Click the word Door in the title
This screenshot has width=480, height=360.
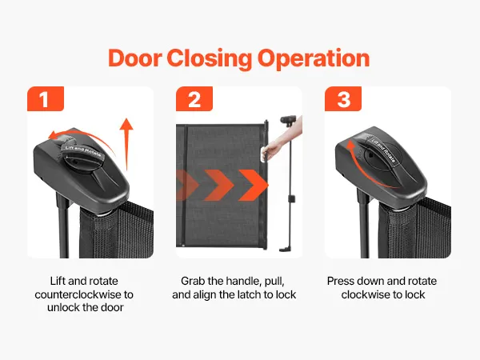click(x=134, y=58)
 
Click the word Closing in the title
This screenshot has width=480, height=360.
click(x=210, y=58)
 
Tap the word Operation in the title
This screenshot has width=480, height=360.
click(x=314, y=58)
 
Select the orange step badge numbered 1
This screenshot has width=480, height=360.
click(x=46, y=98)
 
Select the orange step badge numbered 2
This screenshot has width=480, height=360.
click(x=194, y=98)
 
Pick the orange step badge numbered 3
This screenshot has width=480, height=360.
click(x=343, y=98)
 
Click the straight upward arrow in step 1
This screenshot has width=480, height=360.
click(x=126, y=144)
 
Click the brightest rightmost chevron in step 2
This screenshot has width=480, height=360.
click(x=254, y=185)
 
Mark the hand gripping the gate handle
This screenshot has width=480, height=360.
click(x=273, y=150)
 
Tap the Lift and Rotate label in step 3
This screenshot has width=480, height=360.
click(x=384, y=150)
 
